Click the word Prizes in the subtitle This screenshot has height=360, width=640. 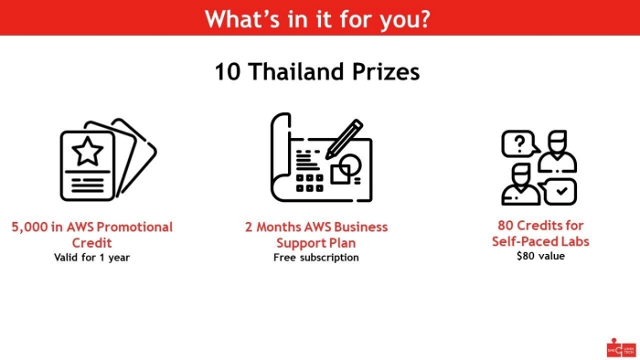pos(386,72)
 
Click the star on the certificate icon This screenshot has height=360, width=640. pos(88,152)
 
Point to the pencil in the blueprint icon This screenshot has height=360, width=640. pos(344,139)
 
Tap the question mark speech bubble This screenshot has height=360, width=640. pos(519,143)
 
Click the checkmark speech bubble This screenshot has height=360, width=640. pos(559,191)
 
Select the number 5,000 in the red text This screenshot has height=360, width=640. pos(29,228)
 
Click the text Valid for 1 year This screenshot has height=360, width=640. pos(91,258)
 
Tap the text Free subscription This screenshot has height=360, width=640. pos(316,258)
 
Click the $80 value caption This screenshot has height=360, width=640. pos(541,256)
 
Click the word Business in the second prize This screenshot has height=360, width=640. pos(360,227)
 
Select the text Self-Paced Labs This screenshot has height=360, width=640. pos(540,241)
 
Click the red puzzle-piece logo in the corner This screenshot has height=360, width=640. pos(621,348)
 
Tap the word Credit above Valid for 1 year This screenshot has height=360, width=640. pos(91,242)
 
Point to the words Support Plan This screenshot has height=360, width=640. pos(316,243)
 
